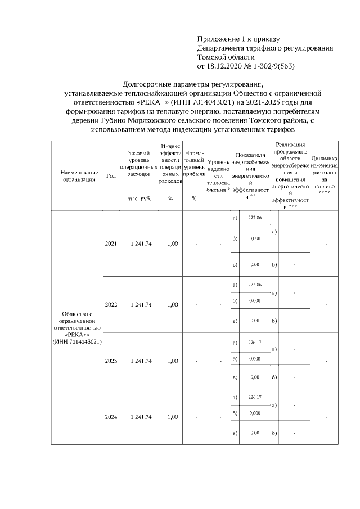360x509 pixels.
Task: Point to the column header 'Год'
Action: tap(111, 175)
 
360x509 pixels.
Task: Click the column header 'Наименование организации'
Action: tap(76, 175)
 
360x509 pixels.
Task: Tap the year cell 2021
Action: tap(111, 244)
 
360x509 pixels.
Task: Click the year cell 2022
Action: tap(111, 305)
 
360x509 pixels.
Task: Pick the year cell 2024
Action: tap(111, 417)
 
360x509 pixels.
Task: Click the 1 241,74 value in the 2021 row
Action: tap(141, 244)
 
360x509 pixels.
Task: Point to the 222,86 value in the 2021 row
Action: tap(255, 218)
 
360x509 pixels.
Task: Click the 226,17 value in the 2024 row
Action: tap(255, 397)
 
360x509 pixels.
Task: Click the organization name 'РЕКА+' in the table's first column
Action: tap(76, 334)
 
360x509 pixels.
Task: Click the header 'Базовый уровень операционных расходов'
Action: tap(139, 164)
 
